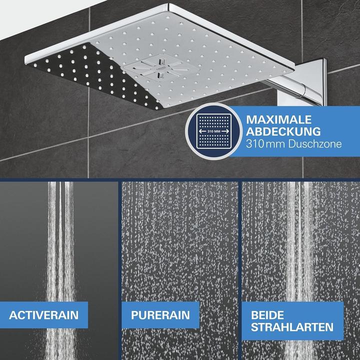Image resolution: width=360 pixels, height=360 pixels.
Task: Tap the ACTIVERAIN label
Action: [x=44, y=315]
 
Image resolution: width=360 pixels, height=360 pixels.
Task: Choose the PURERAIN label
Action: [x=160, y=315]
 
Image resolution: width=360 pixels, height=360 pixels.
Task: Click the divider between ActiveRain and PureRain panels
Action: [x=119, y=270]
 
